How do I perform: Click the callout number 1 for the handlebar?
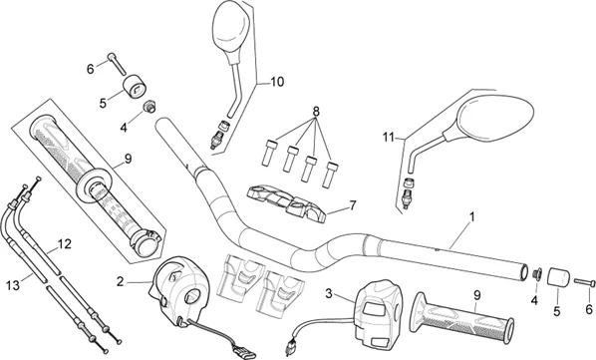click(472, 217)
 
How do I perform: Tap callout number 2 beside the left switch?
click(121, 282)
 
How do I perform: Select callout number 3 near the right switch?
click(329, 293)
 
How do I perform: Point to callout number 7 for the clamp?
click(353, 205)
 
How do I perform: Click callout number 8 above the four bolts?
click(316, 112)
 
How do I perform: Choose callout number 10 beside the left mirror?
click(277, 82)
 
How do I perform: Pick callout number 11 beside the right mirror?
click(388, 138)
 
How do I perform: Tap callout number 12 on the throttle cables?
click(64, 244)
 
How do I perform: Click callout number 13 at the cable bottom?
click(13, 285)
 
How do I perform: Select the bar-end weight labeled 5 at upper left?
click(135, 87)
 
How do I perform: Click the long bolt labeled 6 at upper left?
click(117, 64)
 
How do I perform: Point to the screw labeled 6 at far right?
click(584, 282)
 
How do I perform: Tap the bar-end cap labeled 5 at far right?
click(559, 277)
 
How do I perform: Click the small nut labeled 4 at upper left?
click(149, 106)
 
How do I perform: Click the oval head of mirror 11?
click(495, 115)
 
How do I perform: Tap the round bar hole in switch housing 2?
click(192, 296)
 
